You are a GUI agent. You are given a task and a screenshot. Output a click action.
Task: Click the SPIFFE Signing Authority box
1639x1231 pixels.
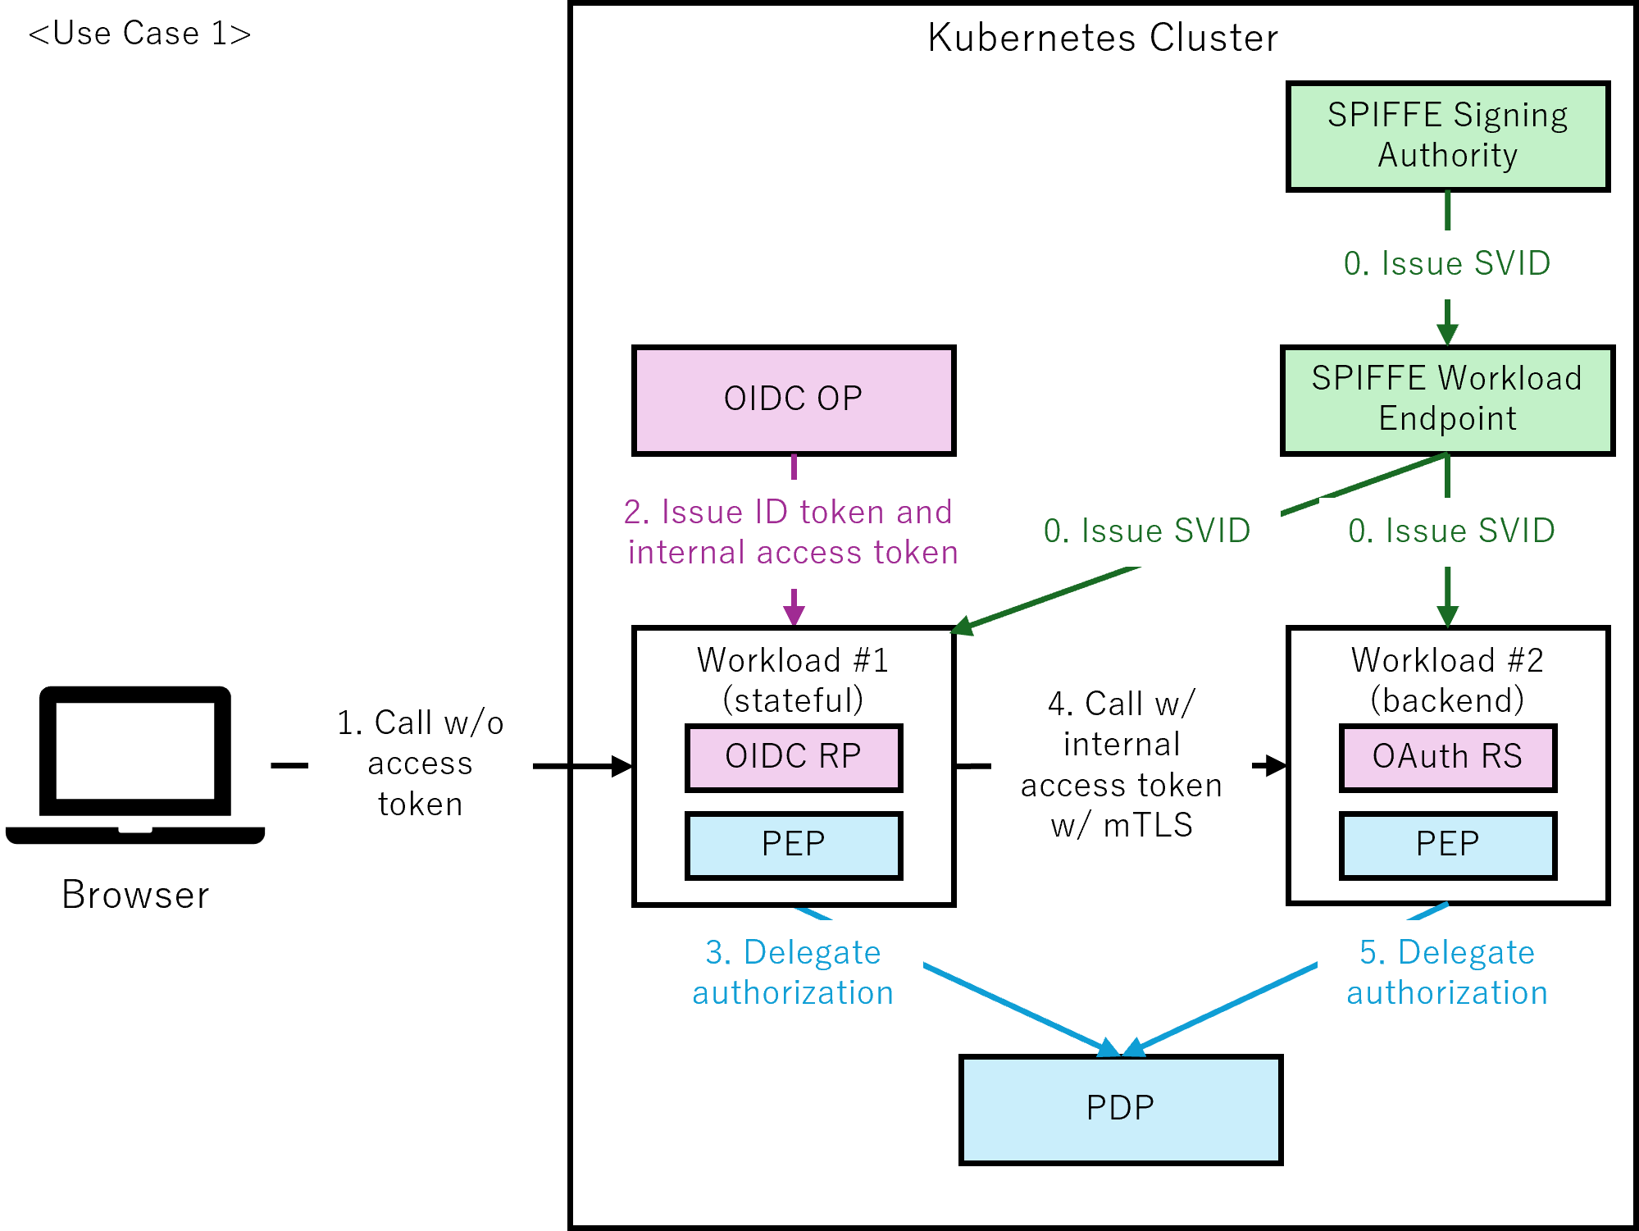1447,136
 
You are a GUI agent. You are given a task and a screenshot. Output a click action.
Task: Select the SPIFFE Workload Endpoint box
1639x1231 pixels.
1447,399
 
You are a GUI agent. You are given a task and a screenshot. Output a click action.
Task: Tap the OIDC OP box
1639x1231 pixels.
793,399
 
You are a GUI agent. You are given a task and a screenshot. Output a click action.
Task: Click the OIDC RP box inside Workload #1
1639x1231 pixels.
793,757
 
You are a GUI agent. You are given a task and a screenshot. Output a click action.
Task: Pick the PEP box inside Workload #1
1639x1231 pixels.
793,845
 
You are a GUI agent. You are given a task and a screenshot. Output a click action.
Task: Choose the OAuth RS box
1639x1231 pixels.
1447,757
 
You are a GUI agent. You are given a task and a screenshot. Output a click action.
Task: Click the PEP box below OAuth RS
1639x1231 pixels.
1447,845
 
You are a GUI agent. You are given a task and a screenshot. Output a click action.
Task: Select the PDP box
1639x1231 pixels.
1120,1109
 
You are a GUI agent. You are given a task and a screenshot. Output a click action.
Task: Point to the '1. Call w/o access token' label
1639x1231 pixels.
420,764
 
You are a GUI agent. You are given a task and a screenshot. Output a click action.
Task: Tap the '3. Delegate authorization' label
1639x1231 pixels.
792,973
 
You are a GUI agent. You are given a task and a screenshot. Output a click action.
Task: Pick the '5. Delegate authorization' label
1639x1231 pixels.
1446,973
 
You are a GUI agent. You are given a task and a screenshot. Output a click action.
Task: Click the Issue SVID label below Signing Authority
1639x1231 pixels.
1446,264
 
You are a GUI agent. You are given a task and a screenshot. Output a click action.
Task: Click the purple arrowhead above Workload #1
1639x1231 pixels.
793,615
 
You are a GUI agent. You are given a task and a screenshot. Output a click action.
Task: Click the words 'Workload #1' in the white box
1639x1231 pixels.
792,660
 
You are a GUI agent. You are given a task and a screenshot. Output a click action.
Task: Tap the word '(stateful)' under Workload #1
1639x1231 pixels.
792,700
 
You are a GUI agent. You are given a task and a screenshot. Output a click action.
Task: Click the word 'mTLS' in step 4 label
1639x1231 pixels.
1147,825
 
